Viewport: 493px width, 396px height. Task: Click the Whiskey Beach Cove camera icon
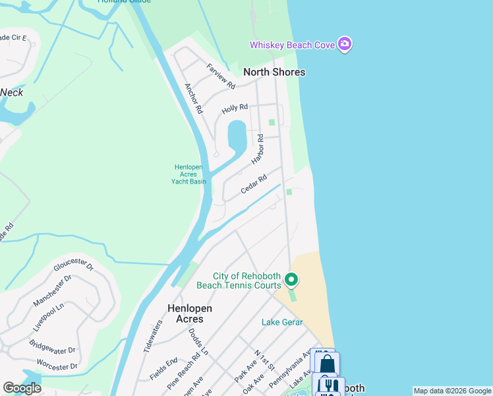(x=344, y=44)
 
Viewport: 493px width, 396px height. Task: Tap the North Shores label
(x=274, y=72)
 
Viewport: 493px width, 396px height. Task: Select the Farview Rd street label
(x=221, y=77)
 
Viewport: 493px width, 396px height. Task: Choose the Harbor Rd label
(x=258, y=150)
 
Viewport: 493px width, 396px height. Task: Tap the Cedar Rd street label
(x=254, y=184)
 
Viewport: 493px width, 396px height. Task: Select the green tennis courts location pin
(x=291, y=280)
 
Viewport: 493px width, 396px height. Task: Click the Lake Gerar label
(x=282, y=322)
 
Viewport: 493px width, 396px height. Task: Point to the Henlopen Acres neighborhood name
(x=185, y=313)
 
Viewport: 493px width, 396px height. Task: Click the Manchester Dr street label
(x=51, y=292)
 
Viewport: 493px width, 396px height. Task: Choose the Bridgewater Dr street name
(x=53, y=347)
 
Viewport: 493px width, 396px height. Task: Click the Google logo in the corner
(x=22, y=388)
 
